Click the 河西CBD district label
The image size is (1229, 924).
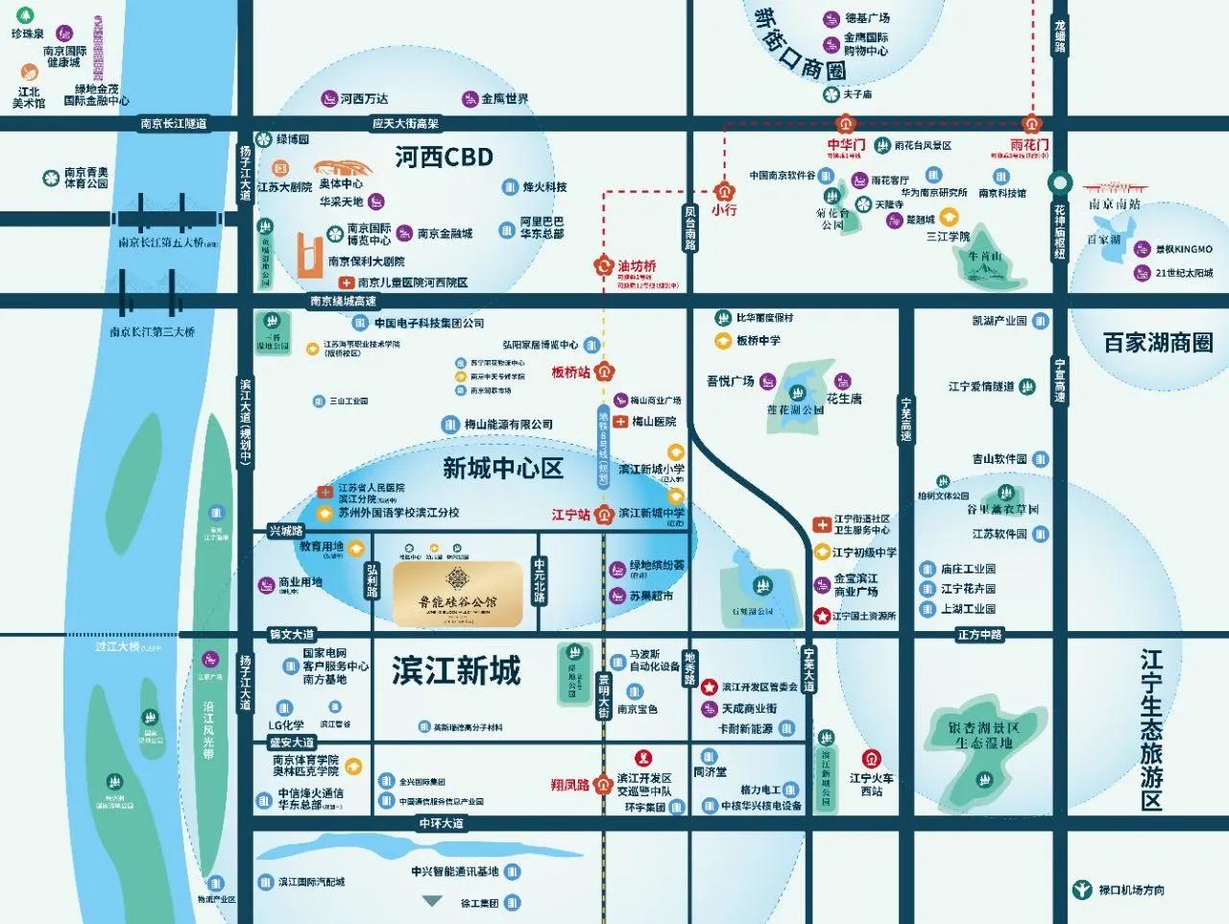tap(444, 158)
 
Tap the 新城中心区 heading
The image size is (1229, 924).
tap(502, 469)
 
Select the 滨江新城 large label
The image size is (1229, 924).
tap(456, 670)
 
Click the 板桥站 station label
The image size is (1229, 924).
tap(570, 372)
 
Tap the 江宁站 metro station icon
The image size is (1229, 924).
tap(604, 515)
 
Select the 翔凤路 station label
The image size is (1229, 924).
tap(569, 785)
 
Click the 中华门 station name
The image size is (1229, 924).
tap(846, 144)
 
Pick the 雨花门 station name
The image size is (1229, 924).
tap(1029, 144)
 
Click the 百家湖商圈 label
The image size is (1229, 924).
tap(1157, 343)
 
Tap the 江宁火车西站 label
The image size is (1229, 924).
tap(871, 785)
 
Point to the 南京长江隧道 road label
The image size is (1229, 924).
tap(173, 124)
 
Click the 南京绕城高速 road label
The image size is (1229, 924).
tap(343, 301)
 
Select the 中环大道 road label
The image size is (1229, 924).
tap(441, 823)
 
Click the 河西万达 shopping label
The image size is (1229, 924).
tap(364, 99)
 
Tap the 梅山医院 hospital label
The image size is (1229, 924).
tap(654, 422)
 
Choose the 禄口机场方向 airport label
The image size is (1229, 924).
tap(1130, 890)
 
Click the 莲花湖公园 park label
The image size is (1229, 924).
tap(795, 410)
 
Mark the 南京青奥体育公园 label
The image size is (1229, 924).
tap(85, 178)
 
